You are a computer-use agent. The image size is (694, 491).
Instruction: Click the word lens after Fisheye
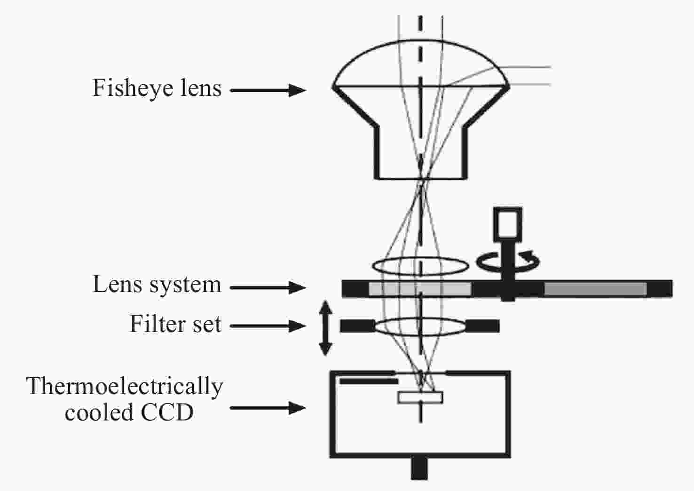pos(197,88)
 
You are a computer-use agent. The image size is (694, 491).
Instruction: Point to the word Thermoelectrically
pos(125,387)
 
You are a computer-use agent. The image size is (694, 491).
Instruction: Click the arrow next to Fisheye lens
pos(268,90)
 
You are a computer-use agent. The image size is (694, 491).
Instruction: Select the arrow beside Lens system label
pos(268,287)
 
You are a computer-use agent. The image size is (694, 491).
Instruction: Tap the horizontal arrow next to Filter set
pos(268,325)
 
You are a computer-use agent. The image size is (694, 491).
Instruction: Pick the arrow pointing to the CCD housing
pos(268,408)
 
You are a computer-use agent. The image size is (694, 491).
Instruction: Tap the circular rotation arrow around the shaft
pos(508,261)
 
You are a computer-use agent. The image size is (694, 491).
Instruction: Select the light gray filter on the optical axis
pos(419,289)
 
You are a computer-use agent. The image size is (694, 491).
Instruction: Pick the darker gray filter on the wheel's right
pos(595,289)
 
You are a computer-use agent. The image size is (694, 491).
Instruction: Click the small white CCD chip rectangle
pos(420,397)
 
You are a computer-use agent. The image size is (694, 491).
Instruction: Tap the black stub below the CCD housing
pos(419,468)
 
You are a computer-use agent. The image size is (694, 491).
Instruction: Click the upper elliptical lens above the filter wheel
pos(420,266)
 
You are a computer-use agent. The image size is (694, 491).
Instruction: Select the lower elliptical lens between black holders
pos(420,326)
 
